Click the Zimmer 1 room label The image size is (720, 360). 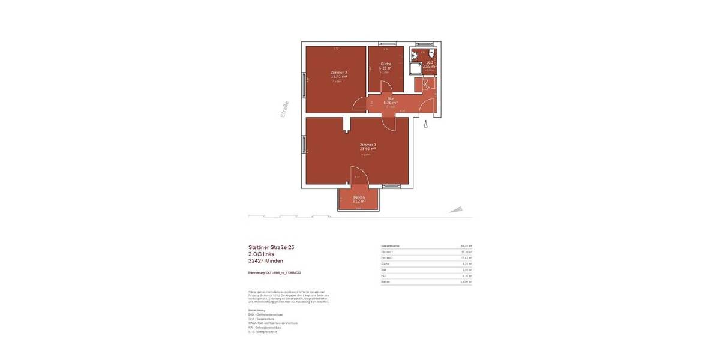point(367,145)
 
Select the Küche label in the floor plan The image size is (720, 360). point(386,64)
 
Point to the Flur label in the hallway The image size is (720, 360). point(390,98)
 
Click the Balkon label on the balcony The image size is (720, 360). point(359,197)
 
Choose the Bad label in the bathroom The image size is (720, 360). point(430,62)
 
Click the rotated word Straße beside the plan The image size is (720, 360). point(284,109)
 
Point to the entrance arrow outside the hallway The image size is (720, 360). point(425,125)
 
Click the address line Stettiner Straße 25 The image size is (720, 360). point(271,247)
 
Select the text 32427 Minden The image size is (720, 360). point(266,261)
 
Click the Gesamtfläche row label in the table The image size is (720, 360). point(391,246)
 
